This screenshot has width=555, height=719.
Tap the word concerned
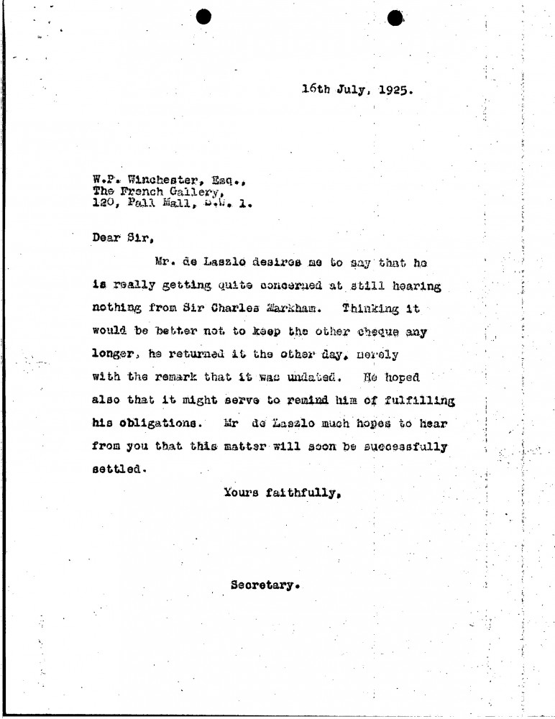click(278, 285)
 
